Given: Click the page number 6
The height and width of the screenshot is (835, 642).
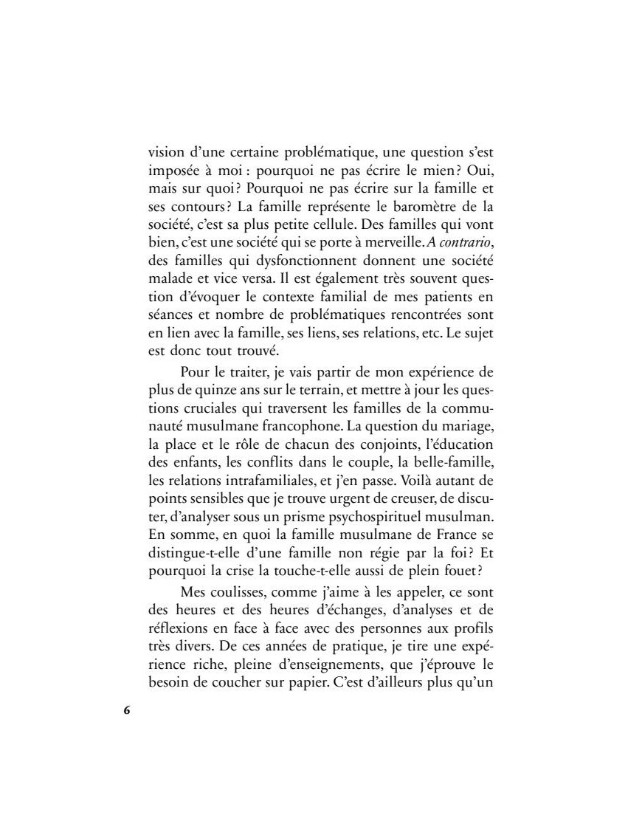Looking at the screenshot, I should pyautogui.click(x=126, y=710).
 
